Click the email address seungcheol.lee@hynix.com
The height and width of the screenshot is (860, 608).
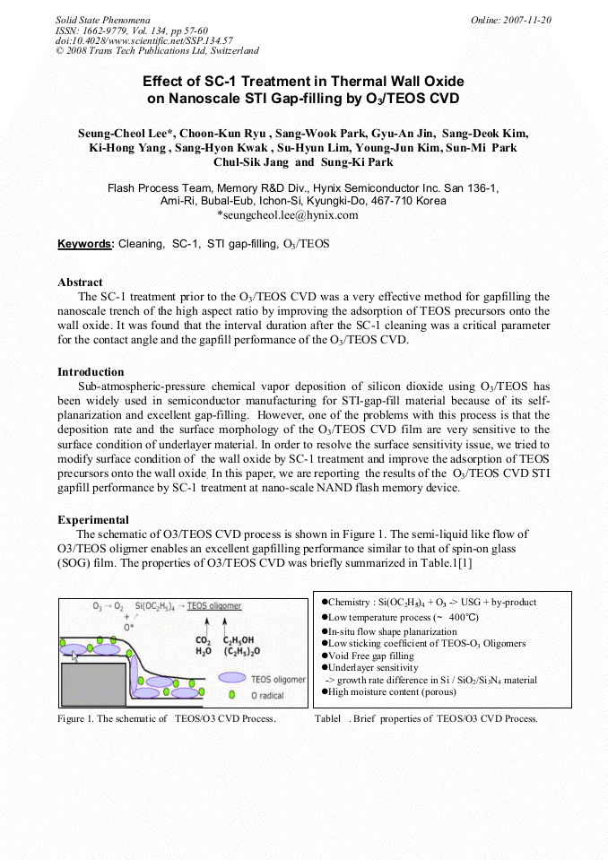click(x=288, y=215)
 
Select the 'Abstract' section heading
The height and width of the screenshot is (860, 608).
click(x=80, y=282)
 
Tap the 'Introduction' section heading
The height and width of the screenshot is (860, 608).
click(x=91, y=372)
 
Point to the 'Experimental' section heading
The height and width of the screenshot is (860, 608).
click(x=93, y=520)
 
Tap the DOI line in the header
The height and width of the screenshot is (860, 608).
click(x=144, y=41)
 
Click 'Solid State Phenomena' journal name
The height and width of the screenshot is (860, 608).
click(x=102, y=20)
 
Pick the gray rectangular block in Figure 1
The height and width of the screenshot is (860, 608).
click(x=92, y=683)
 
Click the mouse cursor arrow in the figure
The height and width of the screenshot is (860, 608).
click(x=75, y=657)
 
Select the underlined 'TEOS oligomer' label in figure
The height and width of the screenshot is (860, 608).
click(x=214, y=607)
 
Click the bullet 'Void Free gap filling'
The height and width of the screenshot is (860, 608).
click(x=370, y=656)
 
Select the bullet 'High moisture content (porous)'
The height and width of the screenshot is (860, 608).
click(x=397, y=691)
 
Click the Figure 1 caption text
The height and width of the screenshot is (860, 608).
click(x=166, y=719)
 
